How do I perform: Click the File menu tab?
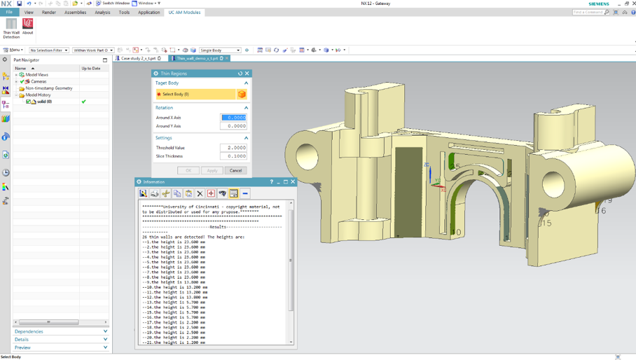coord(9,12)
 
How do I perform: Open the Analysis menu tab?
coord(102,12)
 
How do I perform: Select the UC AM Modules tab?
coord(184,12)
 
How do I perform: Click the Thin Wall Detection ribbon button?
coord(11,27)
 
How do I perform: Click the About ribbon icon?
coord(27,26)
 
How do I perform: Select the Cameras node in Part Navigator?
coord(38,81)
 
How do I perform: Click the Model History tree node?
coord(38,95)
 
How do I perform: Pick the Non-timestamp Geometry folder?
coord(48,88)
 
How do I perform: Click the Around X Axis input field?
coord(233,118)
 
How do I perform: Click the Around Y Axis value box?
coord(233,126)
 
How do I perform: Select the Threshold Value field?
coord(233,148)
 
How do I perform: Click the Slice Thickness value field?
coord(233,156)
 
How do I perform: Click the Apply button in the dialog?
coord(212,170)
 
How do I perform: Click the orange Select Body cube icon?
coord(242,94)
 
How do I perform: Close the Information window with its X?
coord(293,181)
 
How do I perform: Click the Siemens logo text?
coord(598,4)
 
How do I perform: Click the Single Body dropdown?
coord(220,50)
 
